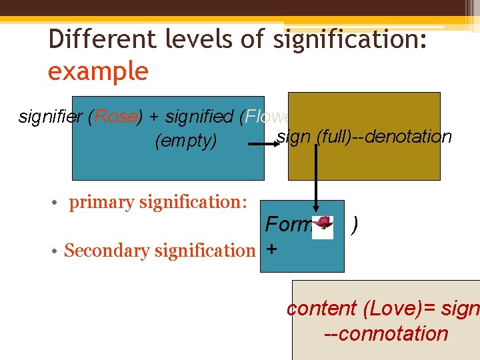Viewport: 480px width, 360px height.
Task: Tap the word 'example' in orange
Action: tap(97, 71)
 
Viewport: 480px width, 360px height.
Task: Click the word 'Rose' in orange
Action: tap(116, 117)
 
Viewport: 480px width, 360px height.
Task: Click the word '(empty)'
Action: tap(185, 141)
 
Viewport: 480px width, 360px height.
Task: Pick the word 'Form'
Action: tap(288, 225)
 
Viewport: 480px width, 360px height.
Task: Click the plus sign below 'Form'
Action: tap(271, 249)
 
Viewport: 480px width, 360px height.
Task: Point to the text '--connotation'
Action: tap(385, 333)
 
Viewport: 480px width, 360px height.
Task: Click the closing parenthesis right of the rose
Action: tap(355, 225)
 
